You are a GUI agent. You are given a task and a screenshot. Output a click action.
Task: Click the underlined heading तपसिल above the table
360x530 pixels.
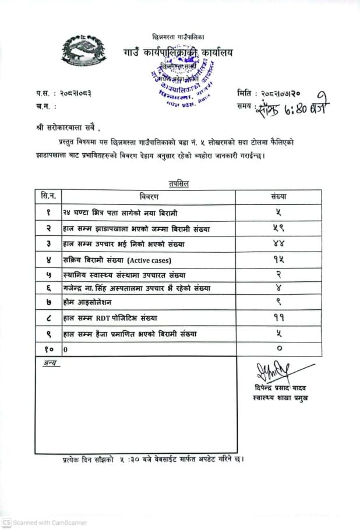click(x=179, y=183)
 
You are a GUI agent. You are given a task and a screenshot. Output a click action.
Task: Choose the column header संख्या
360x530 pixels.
click(x=279, y=197)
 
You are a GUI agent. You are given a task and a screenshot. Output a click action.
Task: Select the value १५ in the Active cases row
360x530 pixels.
click(x=279, y=259)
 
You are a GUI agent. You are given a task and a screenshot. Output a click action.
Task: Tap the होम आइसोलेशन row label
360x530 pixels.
click(x=87, y=303)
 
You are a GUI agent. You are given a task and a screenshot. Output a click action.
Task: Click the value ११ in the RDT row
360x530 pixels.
click(x=279, y=318)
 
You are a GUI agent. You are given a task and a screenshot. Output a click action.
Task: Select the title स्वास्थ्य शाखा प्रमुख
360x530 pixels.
click(x=277, y=398)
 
